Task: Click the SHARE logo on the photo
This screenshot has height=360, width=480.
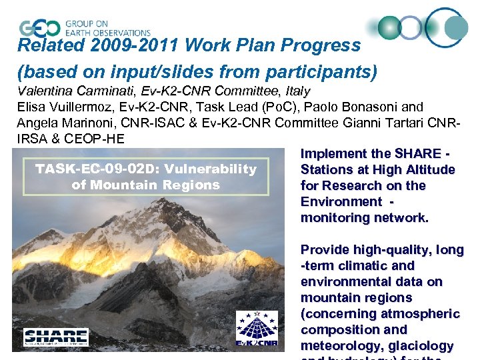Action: pos(56,337)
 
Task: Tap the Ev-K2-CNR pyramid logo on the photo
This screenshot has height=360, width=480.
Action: pos(257,329)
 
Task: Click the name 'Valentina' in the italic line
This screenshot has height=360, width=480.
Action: pos(45,91)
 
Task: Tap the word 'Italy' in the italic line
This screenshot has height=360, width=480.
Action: pos(298,91)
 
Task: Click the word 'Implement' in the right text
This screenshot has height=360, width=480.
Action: pos(333,153)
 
